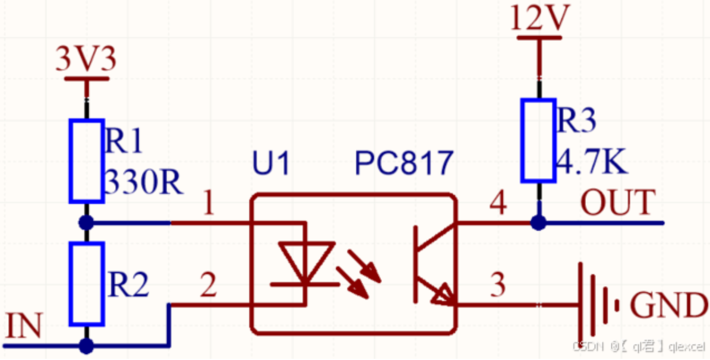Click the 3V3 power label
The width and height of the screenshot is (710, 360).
(86, 59)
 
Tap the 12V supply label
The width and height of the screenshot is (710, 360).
(539, 20)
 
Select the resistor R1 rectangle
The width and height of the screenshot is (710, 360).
(87, 160)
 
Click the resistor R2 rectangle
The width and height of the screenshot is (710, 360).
(87, 283)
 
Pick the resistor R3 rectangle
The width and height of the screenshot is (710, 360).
(539, 140)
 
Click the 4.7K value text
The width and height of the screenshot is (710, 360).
(591, 163)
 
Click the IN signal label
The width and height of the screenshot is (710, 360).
(23, 327)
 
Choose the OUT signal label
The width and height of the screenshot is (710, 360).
(617, 203)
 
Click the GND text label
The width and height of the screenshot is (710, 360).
(668, 307)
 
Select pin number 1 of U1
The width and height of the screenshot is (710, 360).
(208, 205)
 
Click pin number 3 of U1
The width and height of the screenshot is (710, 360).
(497, 286)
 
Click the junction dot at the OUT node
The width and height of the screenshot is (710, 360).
(538, 223)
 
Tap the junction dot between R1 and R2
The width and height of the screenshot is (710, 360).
(87, 223)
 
